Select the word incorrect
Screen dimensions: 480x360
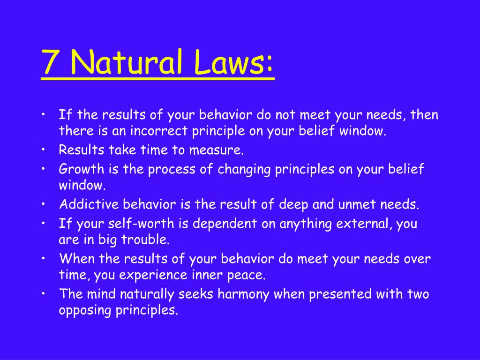[159, 131]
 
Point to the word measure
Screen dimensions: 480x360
[216, 150]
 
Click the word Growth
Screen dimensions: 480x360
[82, 169]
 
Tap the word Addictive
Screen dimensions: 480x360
[89, 204]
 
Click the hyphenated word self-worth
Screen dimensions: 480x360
[141, 224]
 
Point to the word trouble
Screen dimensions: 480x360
[145, 240]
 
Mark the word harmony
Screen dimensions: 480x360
[243, 294]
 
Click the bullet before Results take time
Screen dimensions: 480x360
[44, 150]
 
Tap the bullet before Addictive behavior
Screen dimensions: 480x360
[44, 204]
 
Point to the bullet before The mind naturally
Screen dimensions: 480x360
[44, 294]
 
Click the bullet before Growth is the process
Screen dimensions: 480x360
[44, 169]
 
